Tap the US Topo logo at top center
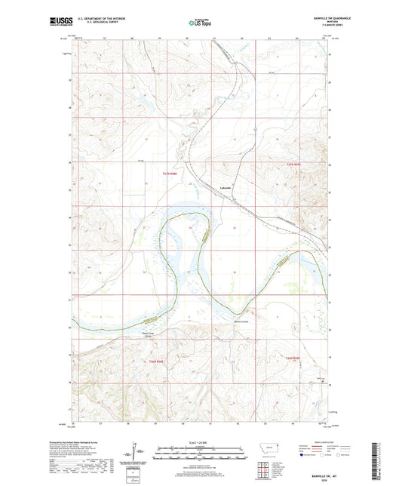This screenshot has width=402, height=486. pos(200,23)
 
